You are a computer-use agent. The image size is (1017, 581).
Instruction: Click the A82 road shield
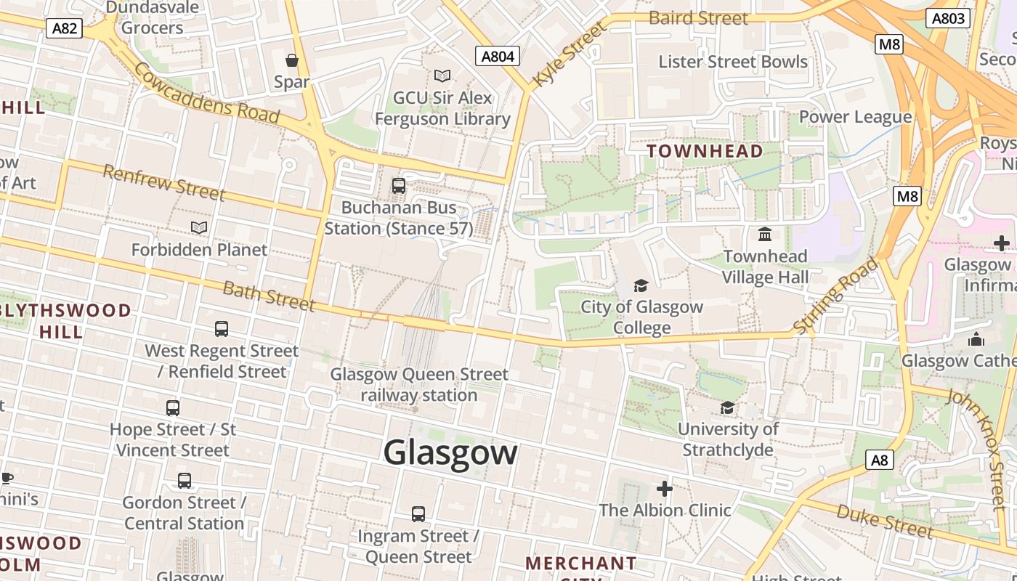65,28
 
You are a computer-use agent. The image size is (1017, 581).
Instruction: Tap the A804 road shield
498,56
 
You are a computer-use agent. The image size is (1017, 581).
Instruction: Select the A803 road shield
949,18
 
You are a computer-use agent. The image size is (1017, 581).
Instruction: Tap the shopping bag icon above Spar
292,60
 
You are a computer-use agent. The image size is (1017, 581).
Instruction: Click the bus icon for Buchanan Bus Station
399,186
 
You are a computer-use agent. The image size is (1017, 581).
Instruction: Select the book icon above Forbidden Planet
198,228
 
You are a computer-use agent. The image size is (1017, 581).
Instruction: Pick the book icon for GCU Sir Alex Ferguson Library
442,76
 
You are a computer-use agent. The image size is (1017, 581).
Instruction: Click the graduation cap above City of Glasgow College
641,285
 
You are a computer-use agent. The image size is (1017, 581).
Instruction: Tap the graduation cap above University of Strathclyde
727,407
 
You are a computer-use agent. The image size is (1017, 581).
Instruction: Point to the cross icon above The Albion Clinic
664,488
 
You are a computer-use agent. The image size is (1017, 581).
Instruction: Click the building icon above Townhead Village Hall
765,235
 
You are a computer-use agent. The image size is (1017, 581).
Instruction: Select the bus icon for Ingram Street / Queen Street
418,514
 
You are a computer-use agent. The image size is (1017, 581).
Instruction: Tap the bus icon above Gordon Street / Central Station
185,481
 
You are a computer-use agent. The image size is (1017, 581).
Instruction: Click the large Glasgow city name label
450,452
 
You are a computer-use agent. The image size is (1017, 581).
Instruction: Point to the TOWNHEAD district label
705,151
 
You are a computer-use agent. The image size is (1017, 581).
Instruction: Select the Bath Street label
269,296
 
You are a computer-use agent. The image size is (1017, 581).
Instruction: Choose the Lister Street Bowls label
733,62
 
